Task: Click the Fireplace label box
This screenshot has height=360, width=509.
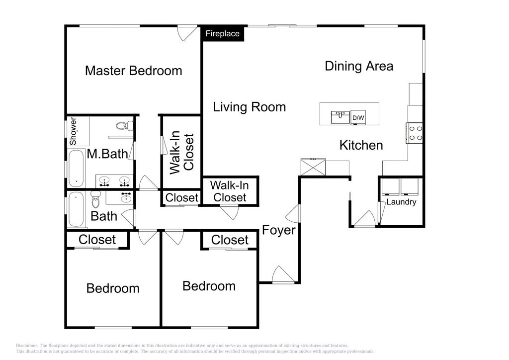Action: coord(223,33)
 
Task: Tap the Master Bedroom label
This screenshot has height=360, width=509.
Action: coord(133,71)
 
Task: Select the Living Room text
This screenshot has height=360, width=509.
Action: coord(250,107)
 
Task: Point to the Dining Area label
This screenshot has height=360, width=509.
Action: coord(359,66)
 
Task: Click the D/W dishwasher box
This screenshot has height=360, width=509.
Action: coord(358,117)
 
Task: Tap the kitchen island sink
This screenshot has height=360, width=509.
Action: coord(340,117)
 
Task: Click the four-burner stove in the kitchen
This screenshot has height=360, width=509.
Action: coord(415,133)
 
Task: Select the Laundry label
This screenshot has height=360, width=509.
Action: coord(401,202)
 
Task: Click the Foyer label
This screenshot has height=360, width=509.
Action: coord(278,230)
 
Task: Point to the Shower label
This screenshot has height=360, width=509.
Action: coord(73,131)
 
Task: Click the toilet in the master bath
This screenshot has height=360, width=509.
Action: coord(125,126)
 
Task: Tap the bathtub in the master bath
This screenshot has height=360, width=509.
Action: coord(76,168)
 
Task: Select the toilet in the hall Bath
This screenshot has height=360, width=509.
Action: coord(95,199)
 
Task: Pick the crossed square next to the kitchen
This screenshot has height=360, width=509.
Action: coord(313,167)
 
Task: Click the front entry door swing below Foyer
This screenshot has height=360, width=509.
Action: coord(283,274)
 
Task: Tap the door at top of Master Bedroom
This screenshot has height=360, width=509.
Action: coord(187,33)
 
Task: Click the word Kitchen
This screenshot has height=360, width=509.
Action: coord(361,145)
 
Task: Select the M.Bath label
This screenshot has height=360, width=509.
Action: coord(107,154)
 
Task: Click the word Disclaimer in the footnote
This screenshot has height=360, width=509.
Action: coord(27,346)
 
